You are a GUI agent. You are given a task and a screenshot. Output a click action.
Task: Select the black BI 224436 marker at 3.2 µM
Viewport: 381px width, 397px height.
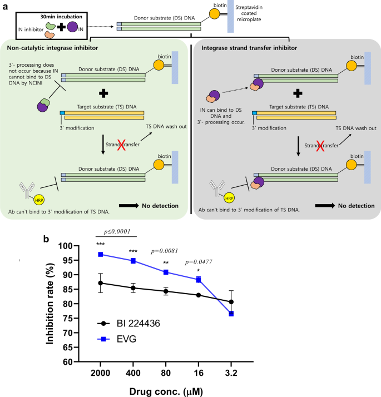(230, 302)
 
